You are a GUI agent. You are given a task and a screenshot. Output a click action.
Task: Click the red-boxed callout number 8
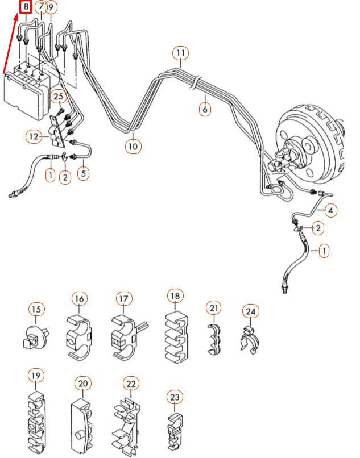(26, 7)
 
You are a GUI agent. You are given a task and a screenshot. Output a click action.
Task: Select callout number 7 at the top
(41, 7)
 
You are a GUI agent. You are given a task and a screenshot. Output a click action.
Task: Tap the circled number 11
(180, 54)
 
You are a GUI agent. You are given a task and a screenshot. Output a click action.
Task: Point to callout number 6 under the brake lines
(205, 109)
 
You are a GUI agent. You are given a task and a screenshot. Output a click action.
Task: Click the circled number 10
(133, 146)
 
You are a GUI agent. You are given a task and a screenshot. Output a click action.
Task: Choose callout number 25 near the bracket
(59, 97)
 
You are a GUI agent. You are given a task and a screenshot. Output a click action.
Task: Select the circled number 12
(34, 136)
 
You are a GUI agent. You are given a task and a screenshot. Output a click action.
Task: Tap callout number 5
(84, 172)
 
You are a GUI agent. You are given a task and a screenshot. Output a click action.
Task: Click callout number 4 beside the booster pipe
(331, 210)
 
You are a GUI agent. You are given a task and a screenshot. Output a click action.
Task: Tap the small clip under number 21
(214, 339)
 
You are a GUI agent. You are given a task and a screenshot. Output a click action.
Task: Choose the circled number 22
(131, 384)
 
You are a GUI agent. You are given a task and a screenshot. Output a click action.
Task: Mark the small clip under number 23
(175, 427)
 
